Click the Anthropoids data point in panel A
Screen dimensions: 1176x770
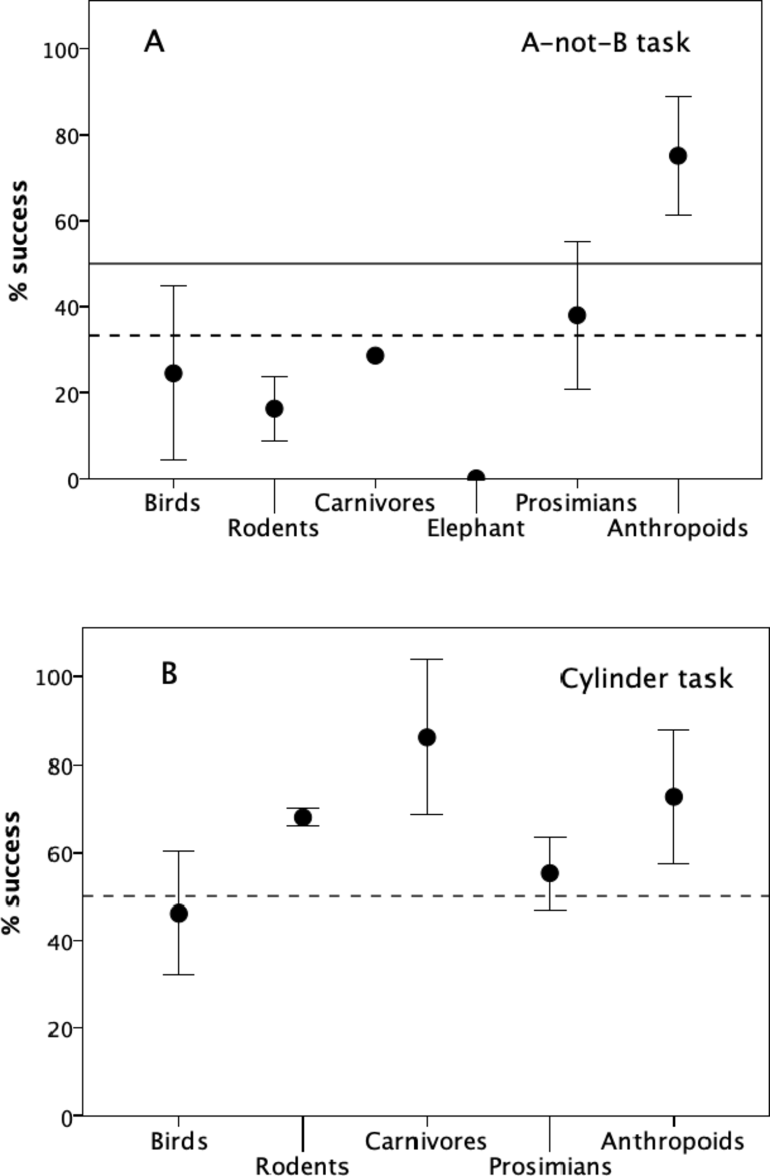[x=678, y=156]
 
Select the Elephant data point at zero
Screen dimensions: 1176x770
[x=476, y=477]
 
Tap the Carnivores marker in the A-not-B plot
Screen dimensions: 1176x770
[x=375, y=356]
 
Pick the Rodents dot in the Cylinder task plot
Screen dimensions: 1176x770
[x=303, y=817]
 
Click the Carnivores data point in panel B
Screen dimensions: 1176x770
[x=426, y=737]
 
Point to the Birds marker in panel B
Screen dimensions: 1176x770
[x=179, y=914]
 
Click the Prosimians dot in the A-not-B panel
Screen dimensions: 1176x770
[x=577, y=315]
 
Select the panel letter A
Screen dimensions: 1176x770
[x=154, y=42]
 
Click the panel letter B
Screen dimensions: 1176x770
[x=169, y=674]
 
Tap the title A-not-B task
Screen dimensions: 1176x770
[x=606, y=43]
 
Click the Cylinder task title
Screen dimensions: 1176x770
[x=646, y=679]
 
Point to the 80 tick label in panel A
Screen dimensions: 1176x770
[x=66, y=136]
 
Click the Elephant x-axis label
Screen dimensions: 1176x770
[x=475, y=528]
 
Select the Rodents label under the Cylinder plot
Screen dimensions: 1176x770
[x=302, y=1166]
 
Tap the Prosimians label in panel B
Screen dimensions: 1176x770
[x=550, y=1166]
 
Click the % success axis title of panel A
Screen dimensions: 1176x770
[x=19, y=241]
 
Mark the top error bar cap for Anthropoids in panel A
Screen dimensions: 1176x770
[x=678, y=96]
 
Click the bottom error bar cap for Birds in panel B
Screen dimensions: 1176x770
[x=179, y=974]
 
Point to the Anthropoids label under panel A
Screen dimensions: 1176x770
[x=677, y=528]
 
